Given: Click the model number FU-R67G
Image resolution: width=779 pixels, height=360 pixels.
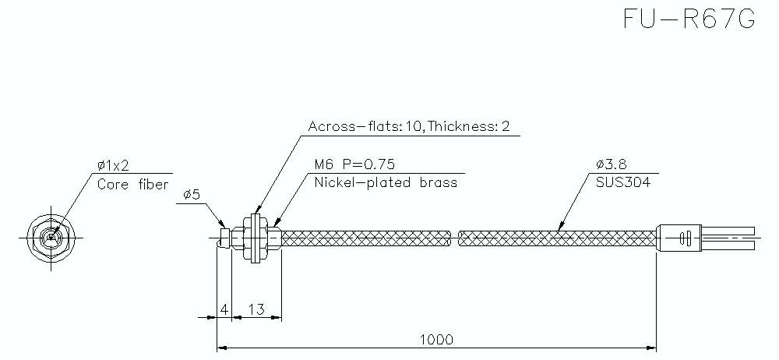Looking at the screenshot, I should (689, 20).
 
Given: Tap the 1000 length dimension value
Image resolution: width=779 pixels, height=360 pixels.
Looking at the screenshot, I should (436, 340).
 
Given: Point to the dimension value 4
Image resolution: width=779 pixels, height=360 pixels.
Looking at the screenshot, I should (224, 309).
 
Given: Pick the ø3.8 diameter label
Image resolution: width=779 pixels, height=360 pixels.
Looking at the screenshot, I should (611, 164).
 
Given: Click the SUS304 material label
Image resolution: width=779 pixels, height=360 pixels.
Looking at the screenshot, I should (619, 183).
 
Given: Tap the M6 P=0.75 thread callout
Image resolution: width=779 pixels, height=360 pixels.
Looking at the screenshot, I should (355, 164).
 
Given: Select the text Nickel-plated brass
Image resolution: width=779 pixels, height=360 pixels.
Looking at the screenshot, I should (386, 183).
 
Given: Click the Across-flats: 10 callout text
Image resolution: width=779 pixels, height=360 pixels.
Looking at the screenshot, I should (365, 126).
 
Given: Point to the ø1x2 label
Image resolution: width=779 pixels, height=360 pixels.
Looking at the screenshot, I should (113, 164).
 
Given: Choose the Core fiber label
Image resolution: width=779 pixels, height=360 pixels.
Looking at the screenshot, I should (132, 185).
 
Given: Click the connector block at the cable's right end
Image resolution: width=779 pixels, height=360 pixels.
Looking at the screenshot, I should (682, 237).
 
